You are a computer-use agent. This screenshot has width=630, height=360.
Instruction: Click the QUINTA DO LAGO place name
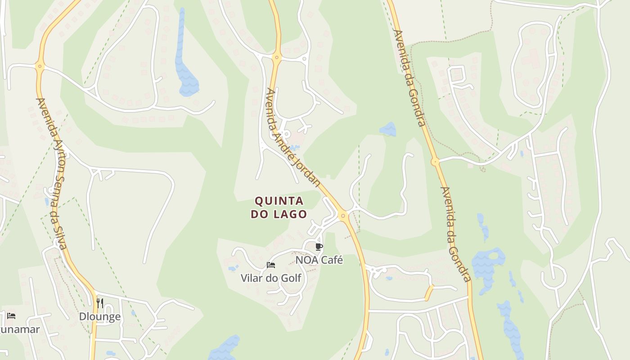279,207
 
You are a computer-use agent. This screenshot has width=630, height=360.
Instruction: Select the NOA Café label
319,260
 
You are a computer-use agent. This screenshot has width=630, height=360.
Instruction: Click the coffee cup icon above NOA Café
319,247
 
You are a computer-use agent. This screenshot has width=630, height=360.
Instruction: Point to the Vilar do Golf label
271,278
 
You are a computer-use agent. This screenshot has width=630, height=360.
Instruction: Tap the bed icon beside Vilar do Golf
271,265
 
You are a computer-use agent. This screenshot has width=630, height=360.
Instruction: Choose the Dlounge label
100,317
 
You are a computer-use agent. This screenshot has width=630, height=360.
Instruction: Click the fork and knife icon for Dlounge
100,303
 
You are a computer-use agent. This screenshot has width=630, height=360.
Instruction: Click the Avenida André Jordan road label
293,138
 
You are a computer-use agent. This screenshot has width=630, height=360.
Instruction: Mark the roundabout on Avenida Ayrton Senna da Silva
40,67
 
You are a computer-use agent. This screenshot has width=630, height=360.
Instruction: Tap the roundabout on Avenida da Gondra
435,161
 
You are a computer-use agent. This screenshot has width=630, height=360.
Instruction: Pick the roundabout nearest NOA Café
343,216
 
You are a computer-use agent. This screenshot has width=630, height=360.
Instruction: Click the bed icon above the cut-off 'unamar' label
11,316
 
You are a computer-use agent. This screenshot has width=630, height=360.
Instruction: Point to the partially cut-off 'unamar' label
20,329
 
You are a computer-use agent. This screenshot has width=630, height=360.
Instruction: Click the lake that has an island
488,265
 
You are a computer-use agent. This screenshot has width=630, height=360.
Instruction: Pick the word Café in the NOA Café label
332,260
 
